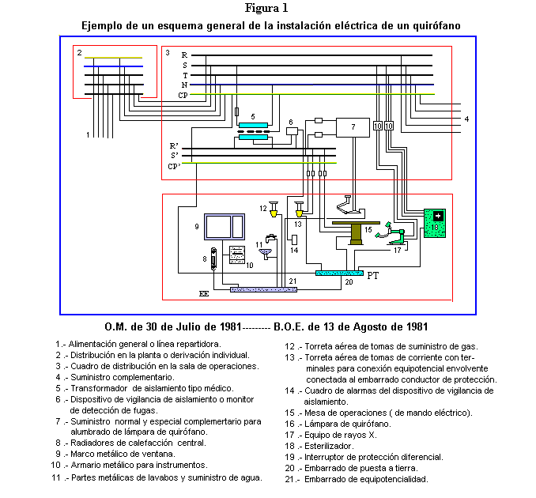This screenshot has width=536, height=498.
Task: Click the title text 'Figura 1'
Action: coord(267,9)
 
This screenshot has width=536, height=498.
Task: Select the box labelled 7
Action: coord(353,127)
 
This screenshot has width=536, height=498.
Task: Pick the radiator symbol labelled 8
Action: coord(212,262)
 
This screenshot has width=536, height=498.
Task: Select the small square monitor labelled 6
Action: coord(292,132)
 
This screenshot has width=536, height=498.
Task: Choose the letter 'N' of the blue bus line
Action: coord(184,84)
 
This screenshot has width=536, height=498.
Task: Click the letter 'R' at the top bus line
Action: coord(184,55)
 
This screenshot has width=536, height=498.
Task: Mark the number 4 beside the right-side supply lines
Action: coord(466,119)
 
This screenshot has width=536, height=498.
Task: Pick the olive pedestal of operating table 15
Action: coord(357,235)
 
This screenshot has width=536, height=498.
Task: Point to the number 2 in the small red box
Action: coord(79,51)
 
